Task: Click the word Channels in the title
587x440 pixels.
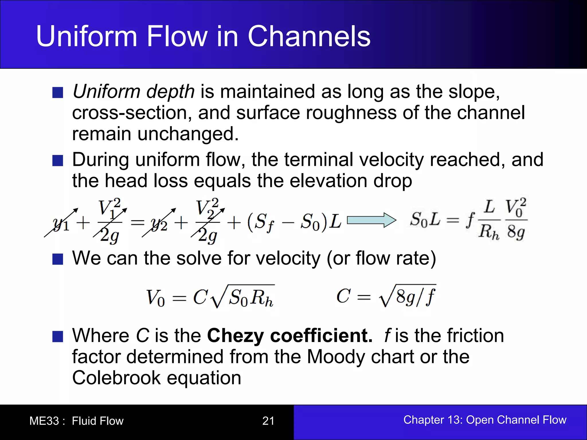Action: click(309, 36)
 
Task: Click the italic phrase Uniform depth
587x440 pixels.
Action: click(134, 92)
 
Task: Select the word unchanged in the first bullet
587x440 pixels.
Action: click(188, 134)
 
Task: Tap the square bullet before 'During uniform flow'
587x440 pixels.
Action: click(58, 161)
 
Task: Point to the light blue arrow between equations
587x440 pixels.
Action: click(371, 220)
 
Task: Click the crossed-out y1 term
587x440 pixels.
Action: click(61, 223)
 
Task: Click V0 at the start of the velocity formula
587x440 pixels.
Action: click(155, 298)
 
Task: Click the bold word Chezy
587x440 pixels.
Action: click(235, 335)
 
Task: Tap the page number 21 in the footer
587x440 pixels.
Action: click(268, 421)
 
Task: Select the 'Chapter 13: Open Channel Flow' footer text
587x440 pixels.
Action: click(485, 420)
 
